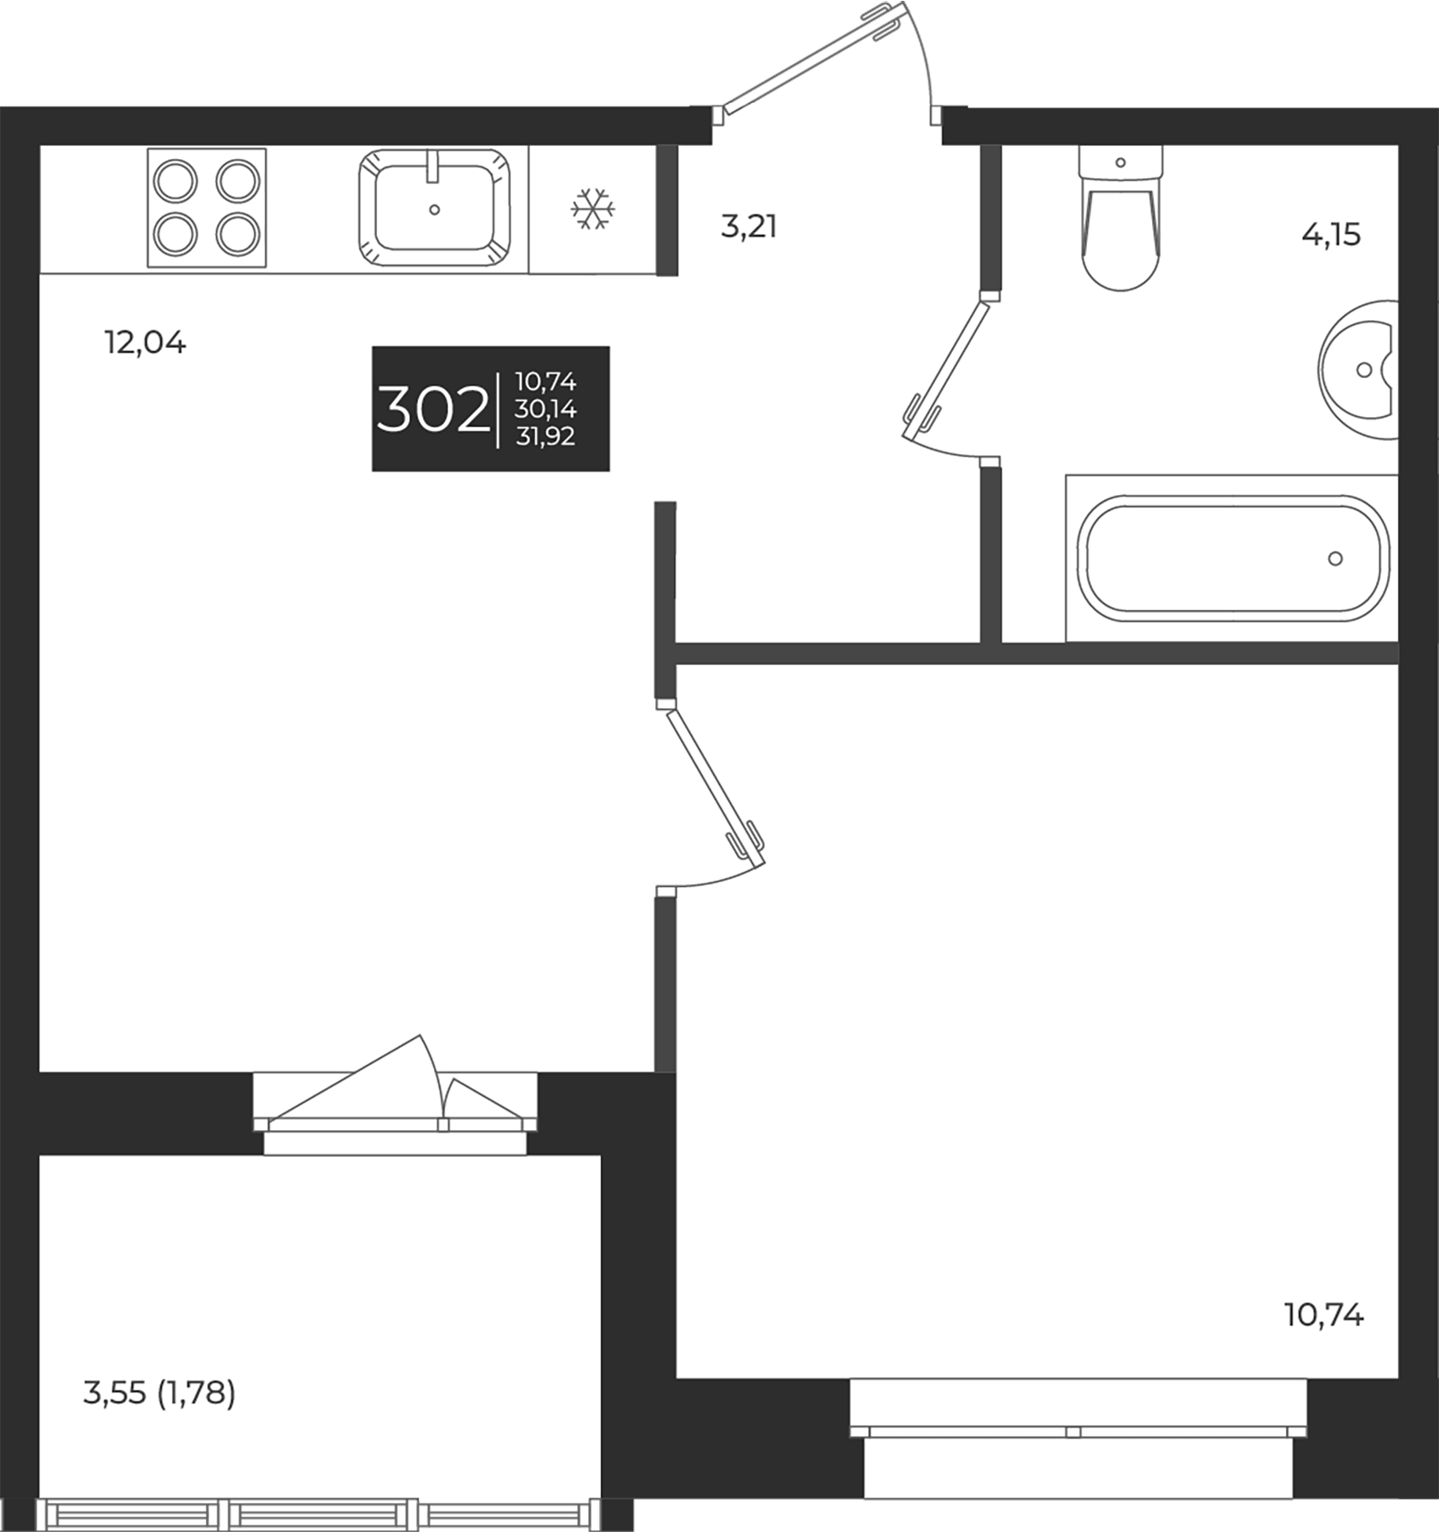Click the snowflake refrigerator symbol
(x=592, y=209)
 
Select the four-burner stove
(x=207, y=208)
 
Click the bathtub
(x=1231, y=558)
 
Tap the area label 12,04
(x=145, y=343)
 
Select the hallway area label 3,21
(x=749, y=227)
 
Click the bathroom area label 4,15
(x=1331, y=234)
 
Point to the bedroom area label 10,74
(x=1324, y=1316)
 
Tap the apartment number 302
(x=432, y=410)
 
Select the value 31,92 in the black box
(x=545, y=437)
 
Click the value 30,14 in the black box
(x=545, y=410)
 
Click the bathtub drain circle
(x=1335, y=558)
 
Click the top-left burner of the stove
(x=176, y=181)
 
